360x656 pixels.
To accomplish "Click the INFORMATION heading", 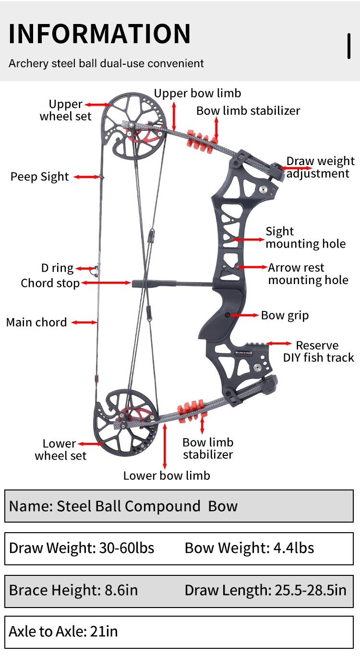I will pos(100,34).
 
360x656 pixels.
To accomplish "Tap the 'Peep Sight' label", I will pos(40,177).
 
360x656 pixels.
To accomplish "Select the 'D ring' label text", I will pos(57,268).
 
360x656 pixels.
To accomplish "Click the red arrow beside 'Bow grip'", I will pos(245,315).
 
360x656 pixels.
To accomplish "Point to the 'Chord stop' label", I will pos(50,283).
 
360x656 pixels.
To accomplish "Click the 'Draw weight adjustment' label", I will pos(320,167).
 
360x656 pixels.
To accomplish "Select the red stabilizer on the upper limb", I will pos(199,139).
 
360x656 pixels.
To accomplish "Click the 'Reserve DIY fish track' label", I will pos(318,351).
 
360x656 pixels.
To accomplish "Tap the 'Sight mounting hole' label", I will pos(305,238).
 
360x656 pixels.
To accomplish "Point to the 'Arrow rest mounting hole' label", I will pos(308,274).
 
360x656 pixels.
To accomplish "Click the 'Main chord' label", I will pos(36,322).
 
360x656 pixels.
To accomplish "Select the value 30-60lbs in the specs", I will pos(127,548).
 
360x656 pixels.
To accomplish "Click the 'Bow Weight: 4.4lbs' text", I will pos(249,548).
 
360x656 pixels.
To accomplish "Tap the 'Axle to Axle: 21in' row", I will pos(63,632).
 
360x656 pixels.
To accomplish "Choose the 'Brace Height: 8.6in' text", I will pos(73,590).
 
